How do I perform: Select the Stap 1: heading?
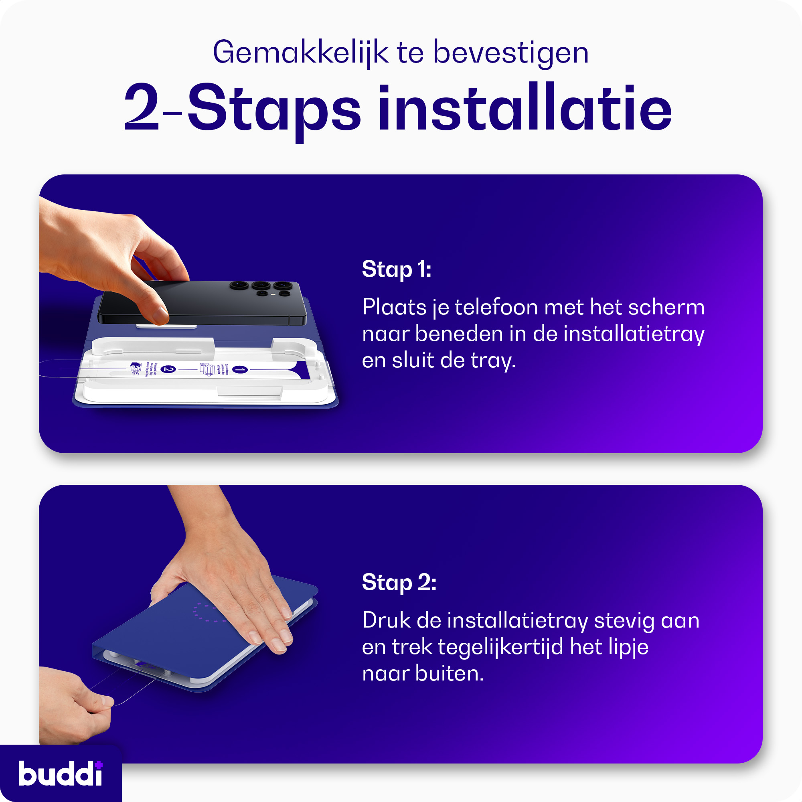397,269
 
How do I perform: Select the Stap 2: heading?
399,582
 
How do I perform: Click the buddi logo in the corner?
60,774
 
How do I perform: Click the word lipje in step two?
628,647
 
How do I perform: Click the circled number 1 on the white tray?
240,369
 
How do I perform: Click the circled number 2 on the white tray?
168,369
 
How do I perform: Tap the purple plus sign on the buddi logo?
98,764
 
